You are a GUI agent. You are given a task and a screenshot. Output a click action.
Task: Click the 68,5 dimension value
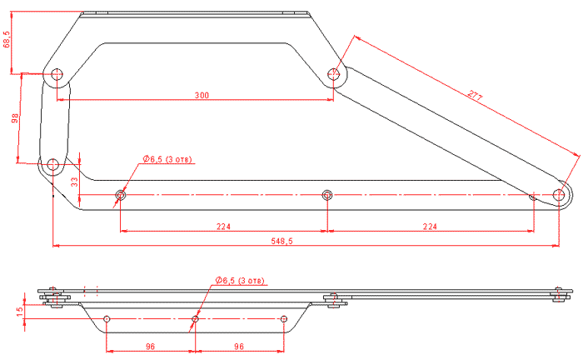[7, 40]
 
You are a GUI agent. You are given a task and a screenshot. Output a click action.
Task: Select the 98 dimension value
[14, 119]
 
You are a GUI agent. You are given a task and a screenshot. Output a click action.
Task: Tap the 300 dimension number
[201, 96]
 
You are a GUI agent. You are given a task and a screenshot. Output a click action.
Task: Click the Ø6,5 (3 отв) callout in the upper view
[169, 158]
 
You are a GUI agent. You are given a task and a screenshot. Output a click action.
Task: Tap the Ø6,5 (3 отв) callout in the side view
[240, 281]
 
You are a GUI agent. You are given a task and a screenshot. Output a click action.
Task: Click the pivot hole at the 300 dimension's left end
[57, 74]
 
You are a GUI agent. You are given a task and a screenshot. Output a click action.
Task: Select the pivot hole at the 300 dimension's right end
[334, 74]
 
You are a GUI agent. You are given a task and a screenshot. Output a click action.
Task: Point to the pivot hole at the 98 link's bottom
[52, 165]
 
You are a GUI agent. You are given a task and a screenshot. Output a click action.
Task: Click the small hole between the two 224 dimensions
[327, 196]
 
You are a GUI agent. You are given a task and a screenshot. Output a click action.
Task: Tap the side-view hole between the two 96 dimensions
[195, 319]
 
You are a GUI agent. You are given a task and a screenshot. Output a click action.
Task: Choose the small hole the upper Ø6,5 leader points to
[121, 196]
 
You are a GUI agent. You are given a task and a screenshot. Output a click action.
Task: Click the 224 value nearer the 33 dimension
[222, 225]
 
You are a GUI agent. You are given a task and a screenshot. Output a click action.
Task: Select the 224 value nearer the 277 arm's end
[430, 225]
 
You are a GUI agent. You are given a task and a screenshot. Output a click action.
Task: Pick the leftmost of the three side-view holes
[107, 319]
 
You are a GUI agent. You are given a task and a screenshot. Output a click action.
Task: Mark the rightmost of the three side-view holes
[283, 319]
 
